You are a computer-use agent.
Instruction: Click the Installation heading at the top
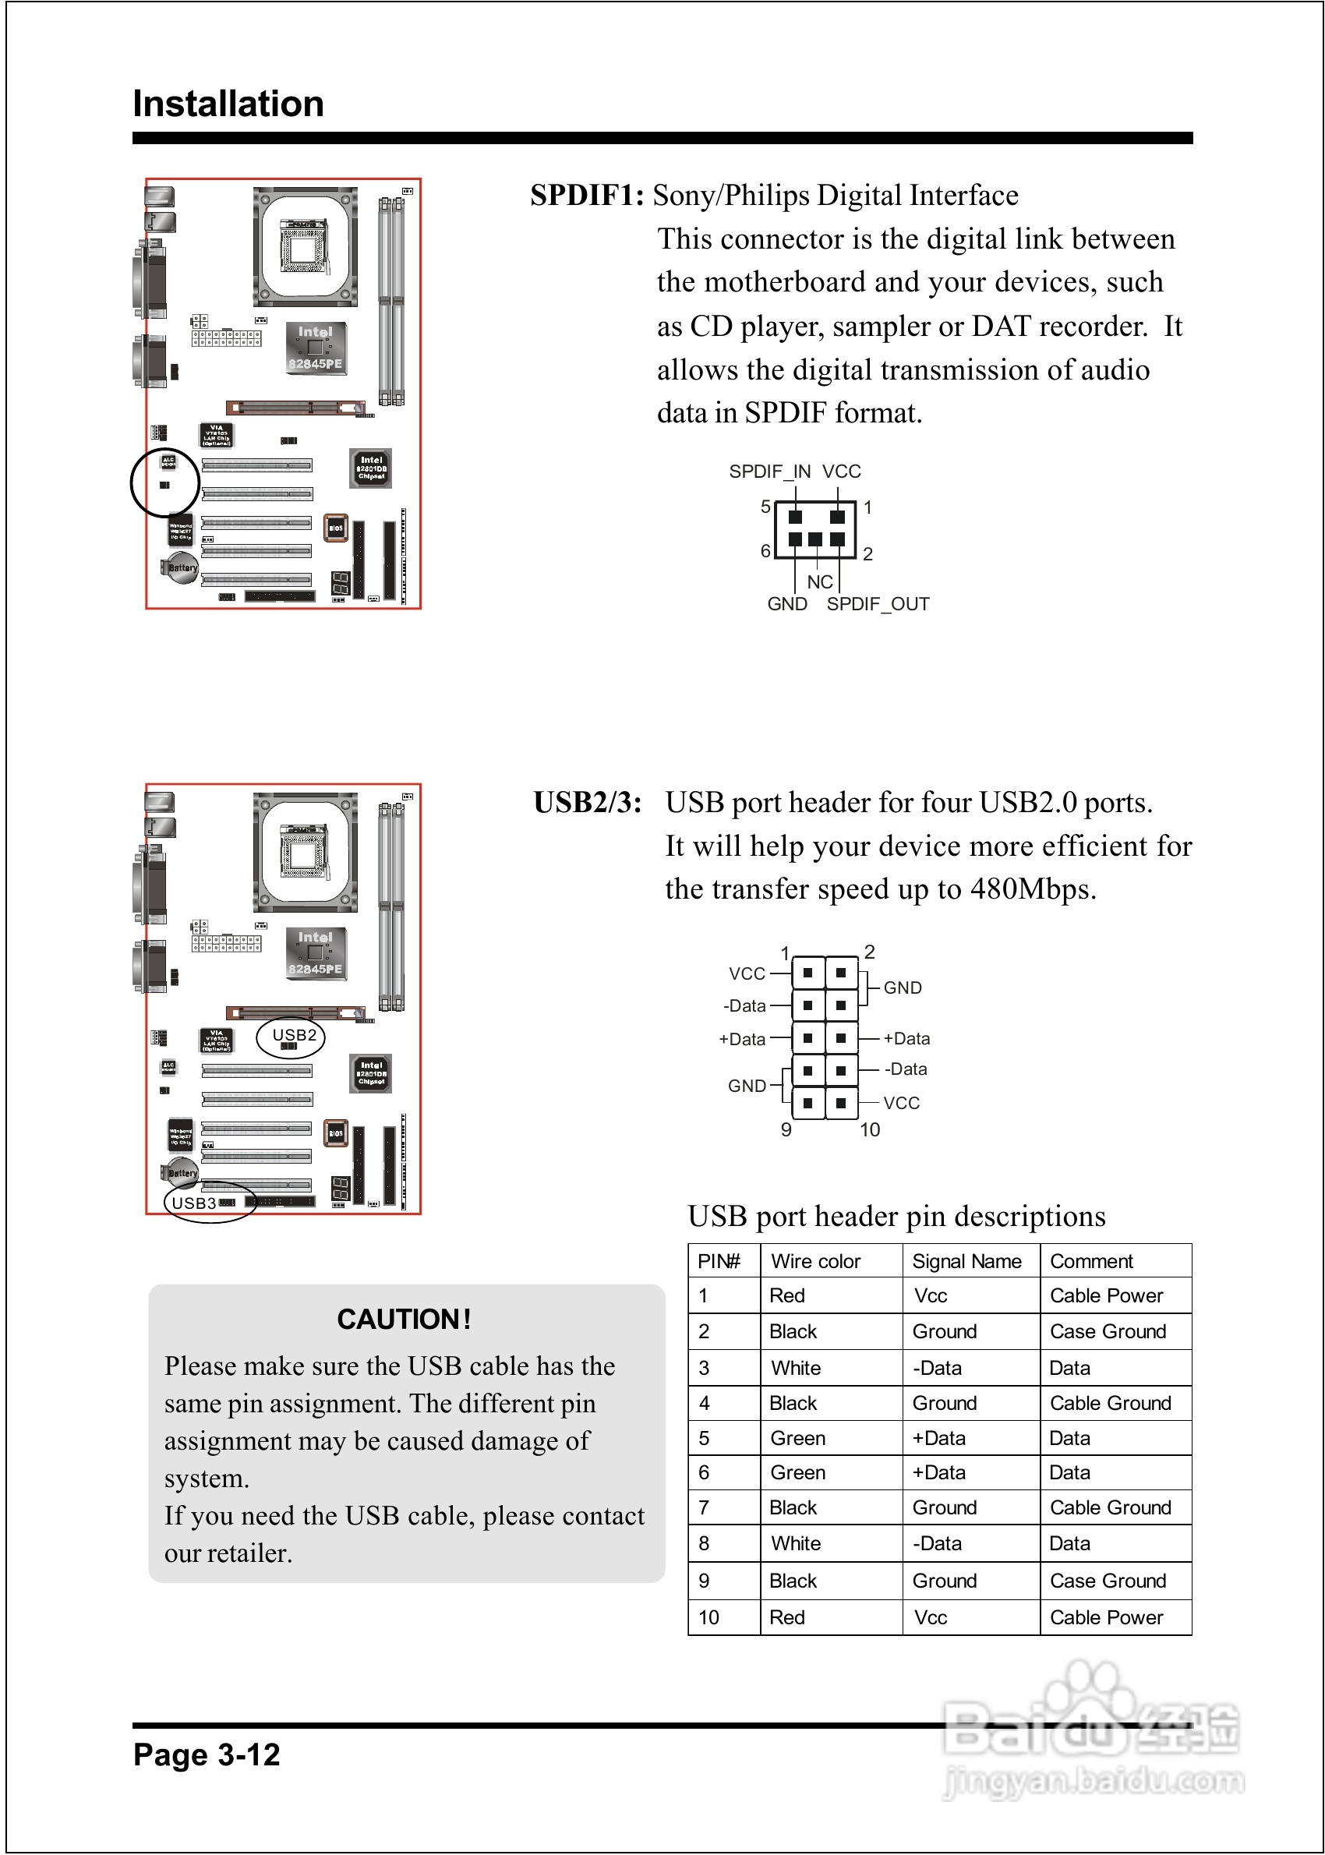[228, 104]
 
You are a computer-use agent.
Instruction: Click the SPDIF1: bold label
[587, 196]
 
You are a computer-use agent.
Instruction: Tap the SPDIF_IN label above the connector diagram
[769, 472]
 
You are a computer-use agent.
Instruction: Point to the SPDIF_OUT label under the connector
[878, 605]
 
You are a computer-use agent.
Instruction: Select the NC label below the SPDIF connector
[819, 581]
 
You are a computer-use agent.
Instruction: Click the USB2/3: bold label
[587, 803]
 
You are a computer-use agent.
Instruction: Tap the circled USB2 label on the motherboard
[294, 1035]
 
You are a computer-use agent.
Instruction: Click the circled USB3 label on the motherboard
[194, 1203]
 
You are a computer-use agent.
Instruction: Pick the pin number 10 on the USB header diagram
[870, 1130]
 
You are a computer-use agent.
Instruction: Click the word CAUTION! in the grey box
[404, 1319]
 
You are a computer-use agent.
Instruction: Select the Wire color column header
[815, 1261]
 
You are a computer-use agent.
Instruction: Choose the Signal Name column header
[966, 1261]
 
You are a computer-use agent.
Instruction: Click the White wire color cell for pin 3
[796, 1368]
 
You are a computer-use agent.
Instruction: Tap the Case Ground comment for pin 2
[1108, 1331]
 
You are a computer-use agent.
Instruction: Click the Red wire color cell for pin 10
[786, 1617]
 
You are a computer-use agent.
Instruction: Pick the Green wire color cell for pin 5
[797, 1438]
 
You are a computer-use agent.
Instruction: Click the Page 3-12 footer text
[207, 1754]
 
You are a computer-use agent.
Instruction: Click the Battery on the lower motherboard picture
[181, 1172]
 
